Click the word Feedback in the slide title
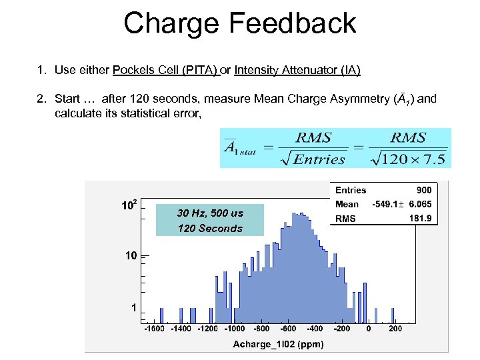tap(293, 23)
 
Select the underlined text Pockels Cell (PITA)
tap(165, 70)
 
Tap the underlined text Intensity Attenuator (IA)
tap(297, 70)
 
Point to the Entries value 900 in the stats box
tap(425, 190)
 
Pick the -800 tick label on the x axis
tap(261, 329)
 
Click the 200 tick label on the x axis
tap(395, 329)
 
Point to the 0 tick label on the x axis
tap(369, 329)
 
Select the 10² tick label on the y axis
tap(129, 205)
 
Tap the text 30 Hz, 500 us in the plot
tap(210, 213)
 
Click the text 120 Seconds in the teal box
tap(210, 228)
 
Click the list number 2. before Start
tap(41, 99)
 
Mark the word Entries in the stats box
tap(351, 190)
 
